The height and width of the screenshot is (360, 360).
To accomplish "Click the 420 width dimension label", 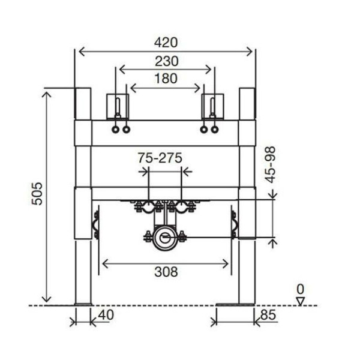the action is [x=166, y=43].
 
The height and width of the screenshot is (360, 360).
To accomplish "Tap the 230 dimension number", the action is [x=166, y=61].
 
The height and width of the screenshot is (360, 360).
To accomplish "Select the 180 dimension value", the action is [x=166, y=78].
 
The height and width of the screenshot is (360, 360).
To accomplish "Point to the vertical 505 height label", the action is [x=37, y=194].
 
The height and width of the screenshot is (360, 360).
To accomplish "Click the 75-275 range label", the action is [x=160, y=158].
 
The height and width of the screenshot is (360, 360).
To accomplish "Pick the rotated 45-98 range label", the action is [x=270, y=165].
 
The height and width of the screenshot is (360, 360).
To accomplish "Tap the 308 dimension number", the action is [x=166, y=272].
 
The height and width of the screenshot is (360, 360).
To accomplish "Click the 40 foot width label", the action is [x=106, y=315].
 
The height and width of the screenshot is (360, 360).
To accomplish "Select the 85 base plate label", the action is [x=268, y=315].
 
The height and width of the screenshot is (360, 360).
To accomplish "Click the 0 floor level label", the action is [x=301, y=289].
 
